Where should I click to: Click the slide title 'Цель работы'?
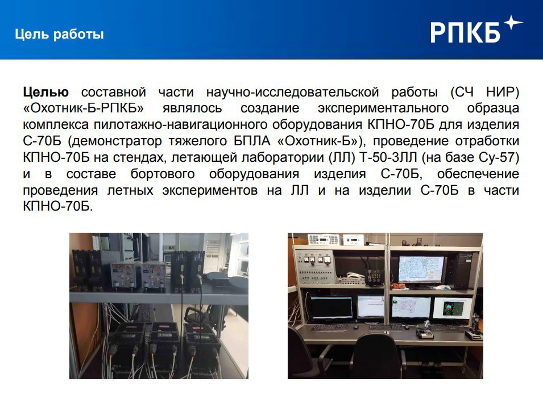click(x=59, y=34)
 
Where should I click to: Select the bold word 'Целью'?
click(x=45, y=93)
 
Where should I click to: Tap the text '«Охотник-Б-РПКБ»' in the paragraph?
click(x=84, y=108)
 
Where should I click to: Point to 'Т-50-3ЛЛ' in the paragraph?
click(x=388, y=157)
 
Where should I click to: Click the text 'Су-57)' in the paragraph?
click(x=499, y=157)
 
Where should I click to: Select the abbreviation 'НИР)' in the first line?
click(x=503, y=93)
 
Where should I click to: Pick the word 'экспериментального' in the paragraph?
click(x=383, y=108)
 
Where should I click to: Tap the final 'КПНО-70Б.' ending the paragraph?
click(x=58, y=207)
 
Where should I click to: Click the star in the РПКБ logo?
click(x=513, y=23)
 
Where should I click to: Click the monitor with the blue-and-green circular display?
click(x=453, y=309)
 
